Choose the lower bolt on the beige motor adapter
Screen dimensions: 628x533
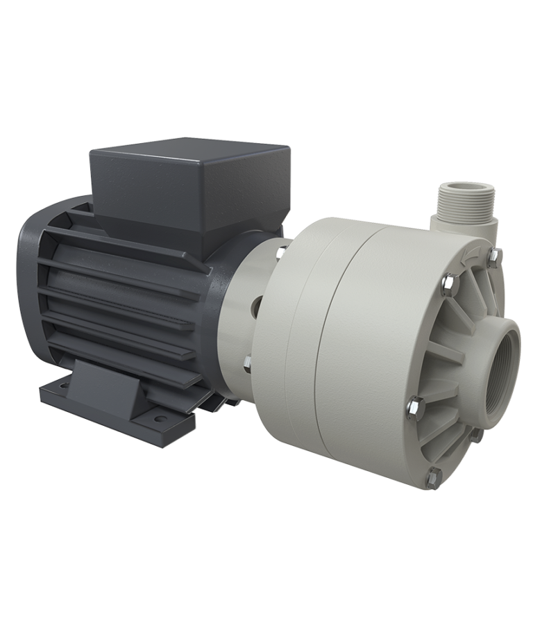pos(248,361)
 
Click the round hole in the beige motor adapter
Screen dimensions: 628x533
pos(257,303)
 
